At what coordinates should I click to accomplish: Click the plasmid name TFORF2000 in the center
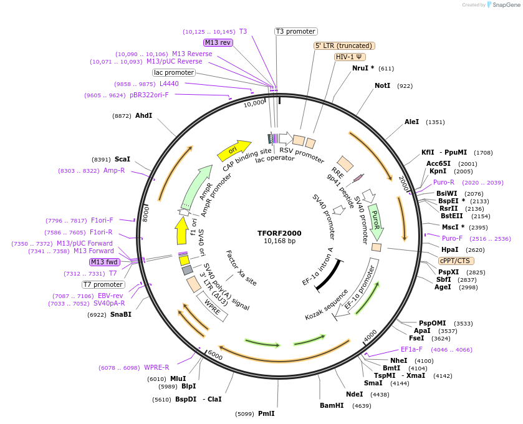(279, 233)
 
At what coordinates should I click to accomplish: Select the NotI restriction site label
(383, 85)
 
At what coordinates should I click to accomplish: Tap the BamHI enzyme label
(332, 405)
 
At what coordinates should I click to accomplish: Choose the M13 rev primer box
(218, 42)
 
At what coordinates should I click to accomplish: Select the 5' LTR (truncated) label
(343, 46)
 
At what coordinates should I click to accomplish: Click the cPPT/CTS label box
(456, 261)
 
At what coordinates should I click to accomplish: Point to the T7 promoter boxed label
(103, 284)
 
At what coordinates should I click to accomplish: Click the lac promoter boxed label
(174, 72)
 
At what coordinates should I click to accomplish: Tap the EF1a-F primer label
(411, 349)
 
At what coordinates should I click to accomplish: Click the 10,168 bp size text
(279, 241)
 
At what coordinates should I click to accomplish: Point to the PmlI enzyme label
(266, 413)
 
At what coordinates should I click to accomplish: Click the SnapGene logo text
(504, 5)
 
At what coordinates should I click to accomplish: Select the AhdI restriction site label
(143, 115)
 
